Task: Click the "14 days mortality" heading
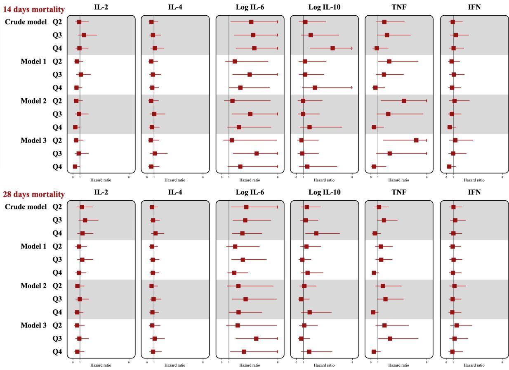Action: point(33,9)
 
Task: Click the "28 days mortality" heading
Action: point(33,194)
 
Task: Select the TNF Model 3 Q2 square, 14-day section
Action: point(416,140)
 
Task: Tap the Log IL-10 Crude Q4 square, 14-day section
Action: point(332,48)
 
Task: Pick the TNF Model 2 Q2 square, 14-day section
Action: point(404,101)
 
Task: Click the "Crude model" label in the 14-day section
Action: point(26,21)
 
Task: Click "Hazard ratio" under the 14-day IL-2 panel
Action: point(101,180)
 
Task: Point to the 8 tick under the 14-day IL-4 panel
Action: point(203,177)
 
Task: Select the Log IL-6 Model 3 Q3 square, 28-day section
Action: point(256,339)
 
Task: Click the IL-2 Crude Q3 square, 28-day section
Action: point(85,220)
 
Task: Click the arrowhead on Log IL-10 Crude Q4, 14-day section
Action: point(352,48)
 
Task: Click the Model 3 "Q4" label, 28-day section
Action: point(57,352)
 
